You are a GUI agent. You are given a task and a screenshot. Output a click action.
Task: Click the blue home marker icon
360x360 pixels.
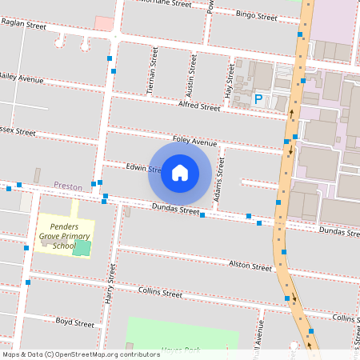tap(180, 173)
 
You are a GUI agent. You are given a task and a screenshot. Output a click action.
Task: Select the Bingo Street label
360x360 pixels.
tap(256, 15)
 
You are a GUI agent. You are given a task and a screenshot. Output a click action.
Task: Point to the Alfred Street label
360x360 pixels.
tap(199, 106)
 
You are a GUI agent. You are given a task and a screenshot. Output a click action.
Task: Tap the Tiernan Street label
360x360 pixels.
tap(153, 71)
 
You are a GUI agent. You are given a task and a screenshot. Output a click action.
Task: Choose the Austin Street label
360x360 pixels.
tap(191, 74)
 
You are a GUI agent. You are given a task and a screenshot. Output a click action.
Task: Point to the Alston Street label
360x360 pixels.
tap(250, 266)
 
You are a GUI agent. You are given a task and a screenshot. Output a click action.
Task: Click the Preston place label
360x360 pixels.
tap(68, 186)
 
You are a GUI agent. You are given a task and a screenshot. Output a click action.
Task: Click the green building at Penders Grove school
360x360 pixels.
tap(82, 247)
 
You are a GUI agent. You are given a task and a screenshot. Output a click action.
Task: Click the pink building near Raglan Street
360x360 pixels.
tap(104, 23)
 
